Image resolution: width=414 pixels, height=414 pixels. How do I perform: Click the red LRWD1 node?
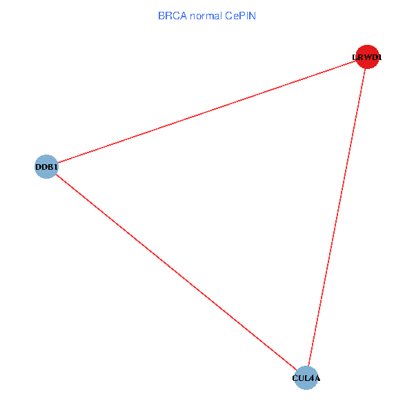tap(366, 57)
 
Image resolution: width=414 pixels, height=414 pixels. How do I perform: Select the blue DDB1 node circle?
tap(46, 166)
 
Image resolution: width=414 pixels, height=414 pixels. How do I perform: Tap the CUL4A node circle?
tap(306, 377)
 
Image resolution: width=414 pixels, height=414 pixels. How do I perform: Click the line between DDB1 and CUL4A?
tap(175, 272)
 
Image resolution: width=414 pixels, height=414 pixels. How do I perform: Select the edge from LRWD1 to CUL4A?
tap(336, 217)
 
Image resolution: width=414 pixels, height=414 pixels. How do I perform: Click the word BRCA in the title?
tap(171, 15)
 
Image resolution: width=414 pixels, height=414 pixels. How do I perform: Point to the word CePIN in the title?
tap(240, 15)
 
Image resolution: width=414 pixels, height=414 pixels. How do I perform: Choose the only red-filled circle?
tap(366, 57)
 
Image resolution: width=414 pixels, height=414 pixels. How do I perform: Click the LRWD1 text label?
tap(366, 58)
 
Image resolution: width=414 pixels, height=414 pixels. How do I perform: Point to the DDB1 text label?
tap(46, 167)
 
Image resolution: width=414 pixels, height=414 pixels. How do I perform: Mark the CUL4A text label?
tap(306, 378)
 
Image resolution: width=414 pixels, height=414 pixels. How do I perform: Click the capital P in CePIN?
tap(242, 15)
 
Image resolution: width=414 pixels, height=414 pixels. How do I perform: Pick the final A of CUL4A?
tap(317, 378)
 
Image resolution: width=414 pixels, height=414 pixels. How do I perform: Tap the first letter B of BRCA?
tap(161, 15)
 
